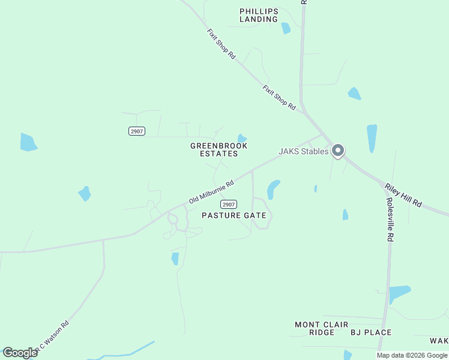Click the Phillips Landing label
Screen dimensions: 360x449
tap(259, 15)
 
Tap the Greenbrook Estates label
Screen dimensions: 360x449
tap(218, 149)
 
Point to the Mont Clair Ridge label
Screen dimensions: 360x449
tap(321, 328)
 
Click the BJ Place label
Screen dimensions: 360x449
tap(371, 332)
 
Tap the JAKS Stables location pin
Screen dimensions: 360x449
tap(338, 150)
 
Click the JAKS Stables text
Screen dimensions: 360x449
tap(304, 152)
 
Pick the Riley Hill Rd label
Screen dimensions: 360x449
tap(403, 196)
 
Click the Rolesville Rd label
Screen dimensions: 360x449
tap(390, 220)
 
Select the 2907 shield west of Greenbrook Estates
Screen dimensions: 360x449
tap(137, 131)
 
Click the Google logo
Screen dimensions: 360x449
tap(20, 352)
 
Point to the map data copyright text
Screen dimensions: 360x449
tap(412, 355)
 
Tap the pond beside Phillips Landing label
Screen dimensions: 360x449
tap(286, 28)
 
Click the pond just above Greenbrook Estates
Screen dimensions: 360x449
tap(242, 139)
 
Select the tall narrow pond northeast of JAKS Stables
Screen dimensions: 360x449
tap(372, 138)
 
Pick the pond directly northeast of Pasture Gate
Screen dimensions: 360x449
tap(273, 189)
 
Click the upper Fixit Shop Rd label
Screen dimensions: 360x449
tap(220, 43)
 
